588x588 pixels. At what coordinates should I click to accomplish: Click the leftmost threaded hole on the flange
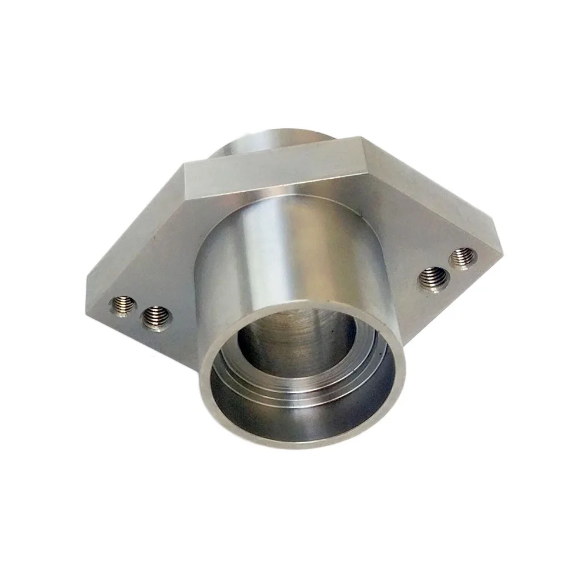click(122, 306)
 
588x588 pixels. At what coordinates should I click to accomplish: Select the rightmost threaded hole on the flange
click(463, 258)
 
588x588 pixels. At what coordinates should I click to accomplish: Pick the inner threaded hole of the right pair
click(434, 278)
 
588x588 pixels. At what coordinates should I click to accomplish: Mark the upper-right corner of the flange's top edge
click(362, 138)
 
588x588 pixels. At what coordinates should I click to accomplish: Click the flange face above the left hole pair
click(153, 253)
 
